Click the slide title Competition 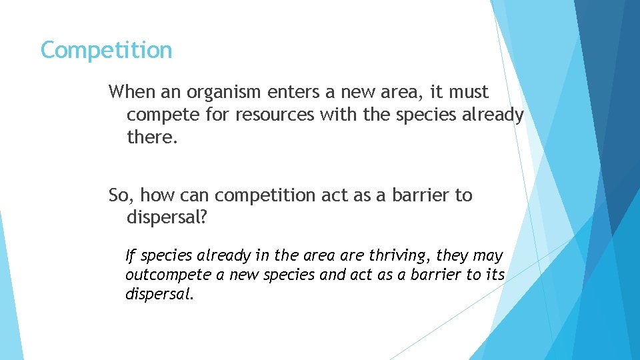pos(106,50)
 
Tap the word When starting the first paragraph pos(131,91)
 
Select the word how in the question pos(157,195)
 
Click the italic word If pos(130,255)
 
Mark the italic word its pos(494,275)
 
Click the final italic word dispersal pos(157,294)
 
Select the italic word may pos(488,255)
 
